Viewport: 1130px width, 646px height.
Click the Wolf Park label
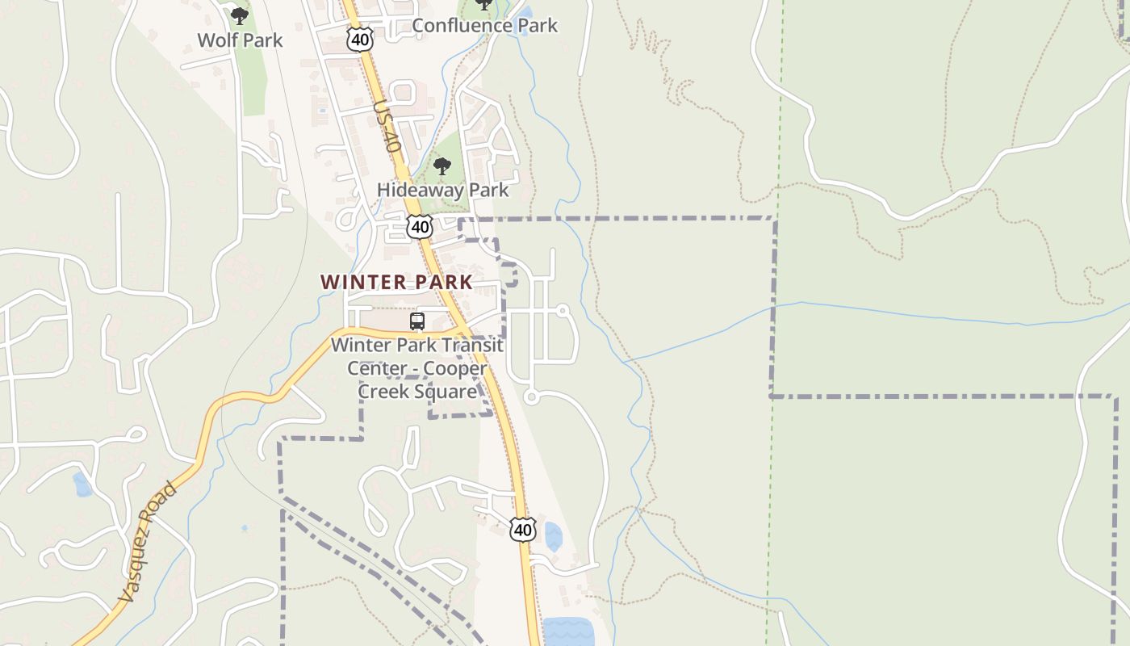coord(240,40)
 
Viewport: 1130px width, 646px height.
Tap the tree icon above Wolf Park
coord(239,15)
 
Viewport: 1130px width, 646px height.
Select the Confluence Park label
coord(484,25)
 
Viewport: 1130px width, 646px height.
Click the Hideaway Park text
coord(442,191)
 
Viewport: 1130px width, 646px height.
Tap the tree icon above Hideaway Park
coord(442,166)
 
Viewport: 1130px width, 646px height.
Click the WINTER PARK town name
coord(396,282)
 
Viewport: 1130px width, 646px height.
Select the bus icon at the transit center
coord(417,321)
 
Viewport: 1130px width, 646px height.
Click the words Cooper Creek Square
coord(417,380)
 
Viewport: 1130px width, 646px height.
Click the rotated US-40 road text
coord(387,127)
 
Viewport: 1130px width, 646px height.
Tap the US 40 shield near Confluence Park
coord(360,39)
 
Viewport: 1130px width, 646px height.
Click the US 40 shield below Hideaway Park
coord(420,227)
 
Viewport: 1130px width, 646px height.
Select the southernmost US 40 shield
coord(523,530)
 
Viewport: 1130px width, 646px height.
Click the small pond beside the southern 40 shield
coord(553,536)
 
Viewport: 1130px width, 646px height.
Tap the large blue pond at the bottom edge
coord(567,631)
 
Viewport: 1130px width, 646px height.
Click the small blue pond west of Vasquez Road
coord(82,484)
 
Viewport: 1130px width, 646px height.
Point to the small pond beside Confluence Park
coord(525,14)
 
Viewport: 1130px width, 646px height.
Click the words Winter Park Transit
coord(417,345)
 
